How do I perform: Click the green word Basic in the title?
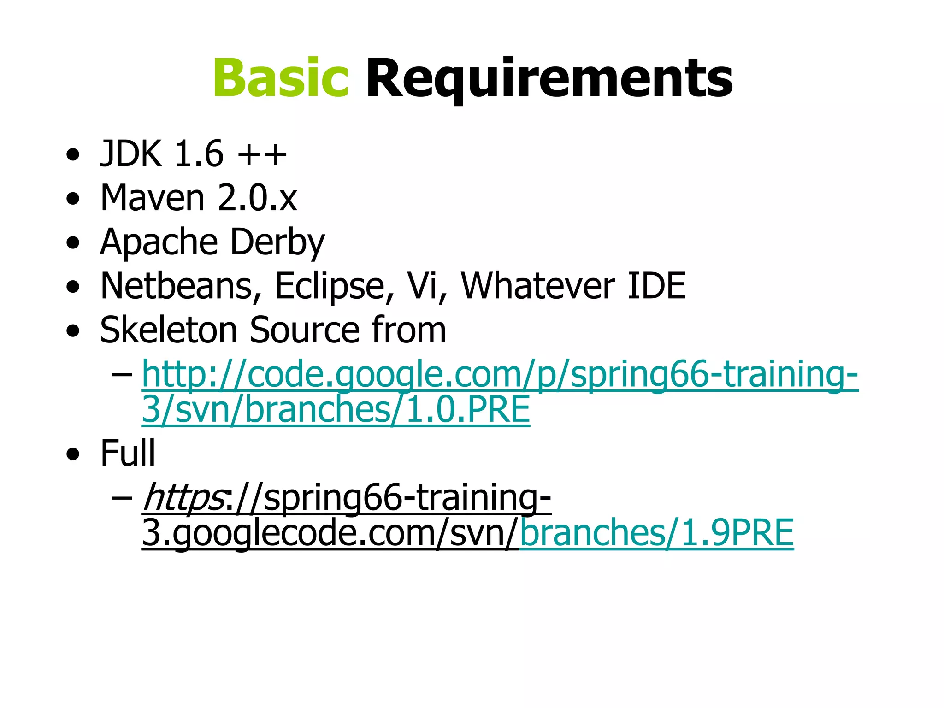pyautogui.click(x=280, y=78)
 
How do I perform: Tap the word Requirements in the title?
pyautogui.click(x=549, y=78)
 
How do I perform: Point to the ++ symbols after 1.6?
pyautogui.click(x=262, y=154)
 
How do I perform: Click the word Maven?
pyautogui.click(x=152, y=198)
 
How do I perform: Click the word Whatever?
pyautogui.click(x=537, y=286)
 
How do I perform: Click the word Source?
pyautogui.click(x=304, y=330)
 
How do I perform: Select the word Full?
pyautogui.click(x=128, y=454)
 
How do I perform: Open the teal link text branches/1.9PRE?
pyautogui.click(x=656, y=533)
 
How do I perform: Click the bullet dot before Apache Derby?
pyautogui.click(x=73, y=242)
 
